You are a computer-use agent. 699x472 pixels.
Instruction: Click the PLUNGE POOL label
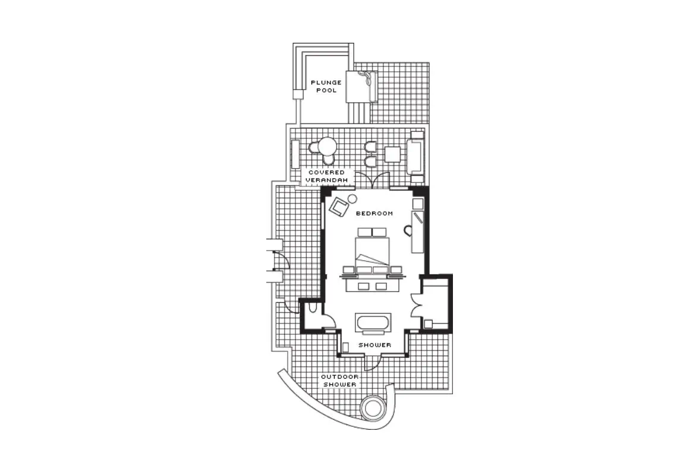coord(326,87)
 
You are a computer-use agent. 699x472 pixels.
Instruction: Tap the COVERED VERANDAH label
coord(326,176)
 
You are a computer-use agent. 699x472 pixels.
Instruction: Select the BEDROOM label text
coord(374,213)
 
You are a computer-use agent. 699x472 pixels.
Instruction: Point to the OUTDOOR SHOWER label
coord(340,381)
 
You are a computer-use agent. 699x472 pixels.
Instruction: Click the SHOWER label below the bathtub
coord(375,345)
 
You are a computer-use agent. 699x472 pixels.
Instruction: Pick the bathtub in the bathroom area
coord(373,323)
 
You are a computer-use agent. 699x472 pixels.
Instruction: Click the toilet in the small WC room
coord(312,308)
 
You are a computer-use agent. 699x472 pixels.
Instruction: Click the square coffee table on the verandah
coord(393,154)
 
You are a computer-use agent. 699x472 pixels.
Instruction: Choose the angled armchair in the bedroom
coord(340,207)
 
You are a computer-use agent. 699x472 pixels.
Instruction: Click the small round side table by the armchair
coord(352,198)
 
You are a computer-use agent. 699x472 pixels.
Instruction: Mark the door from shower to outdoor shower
coord(372,362)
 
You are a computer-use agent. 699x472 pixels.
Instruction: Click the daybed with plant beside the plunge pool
coord(362,87)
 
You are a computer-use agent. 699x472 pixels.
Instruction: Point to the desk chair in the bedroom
coord(408,230)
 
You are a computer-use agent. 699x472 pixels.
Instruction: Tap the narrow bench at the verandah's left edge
coord(295,154)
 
